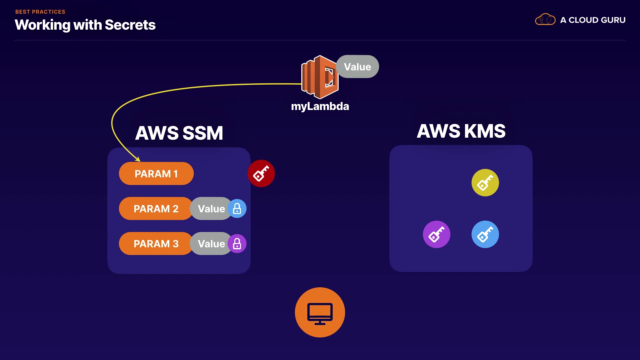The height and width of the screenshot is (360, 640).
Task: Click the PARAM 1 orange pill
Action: tap(156, 174)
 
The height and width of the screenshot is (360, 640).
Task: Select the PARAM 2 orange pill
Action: tap(156, 209)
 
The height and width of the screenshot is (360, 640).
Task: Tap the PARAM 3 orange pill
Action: tap(156, 244)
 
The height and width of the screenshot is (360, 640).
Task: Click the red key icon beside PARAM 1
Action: tap(261, 173)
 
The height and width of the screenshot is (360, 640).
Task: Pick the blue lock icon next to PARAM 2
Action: tap(237, 209)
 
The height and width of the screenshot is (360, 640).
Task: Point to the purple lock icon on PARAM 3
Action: tap(237, 244)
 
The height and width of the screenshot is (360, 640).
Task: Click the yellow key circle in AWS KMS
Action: tap(485, 183)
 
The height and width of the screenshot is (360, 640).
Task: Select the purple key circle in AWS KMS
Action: tap(436, 234)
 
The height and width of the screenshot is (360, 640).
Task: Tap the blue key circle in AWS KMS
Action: tap(485, 234)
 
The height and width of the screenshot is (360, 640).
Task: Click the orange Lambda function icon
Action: tap(319, 77)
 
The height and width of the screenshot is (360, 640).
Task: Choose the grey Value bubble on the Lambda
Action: tap(358, 67)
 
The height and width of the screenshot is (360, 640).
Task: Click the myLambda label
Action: tap(320, 106)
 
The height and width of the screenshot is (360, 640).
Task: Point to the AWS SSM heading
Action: tap(179, 133)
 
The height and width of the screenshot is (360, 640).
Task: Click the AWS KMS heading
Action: tap(461, 131)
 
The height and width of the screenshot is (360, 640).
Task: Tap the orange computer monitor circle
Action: tap(320, 312)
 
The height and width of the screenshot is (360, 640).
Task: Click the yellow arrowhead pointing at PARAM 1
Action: tap(138, 159)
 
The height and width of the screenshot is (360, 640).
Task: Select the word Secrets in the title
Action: tap(130, 25)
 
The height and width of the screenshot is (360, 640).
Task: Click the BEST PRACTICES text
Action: tap(40, 12)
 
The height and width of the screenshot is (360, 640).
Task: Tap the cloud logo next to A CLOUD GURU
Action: tap(545, 20)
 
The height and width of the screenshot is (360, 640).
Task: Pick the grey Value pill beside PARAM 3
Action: tap(211, 244)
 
